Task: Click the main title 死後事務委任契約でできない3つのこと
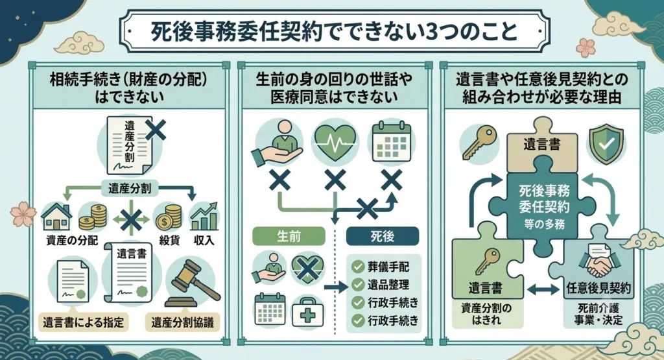[334, 32]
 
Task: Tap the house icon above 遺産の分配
[56, 217]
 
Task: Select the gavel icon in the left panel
[191, 283]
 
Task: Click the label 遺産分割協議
[182, 323]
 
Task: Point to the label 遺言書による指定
[83, 323]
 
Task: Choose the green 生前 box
[289, 236]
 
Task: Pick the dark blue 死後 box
[383, 236]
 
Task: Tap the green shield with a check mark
[606, 144]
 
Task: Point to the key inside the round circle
[479, 142]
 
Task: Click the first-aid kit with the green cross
[308, 312]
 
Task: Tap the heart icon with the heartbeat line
[335, 143]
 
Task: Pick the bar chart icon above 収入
[204, 217]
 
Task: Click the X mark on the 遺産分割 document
[156, 130]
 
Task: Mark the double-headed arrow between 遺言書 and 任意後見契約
[543, 290]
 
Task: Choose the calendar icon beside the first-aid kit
[270, 309]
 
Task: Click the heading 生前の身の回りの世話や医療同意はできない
[334, 88]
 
